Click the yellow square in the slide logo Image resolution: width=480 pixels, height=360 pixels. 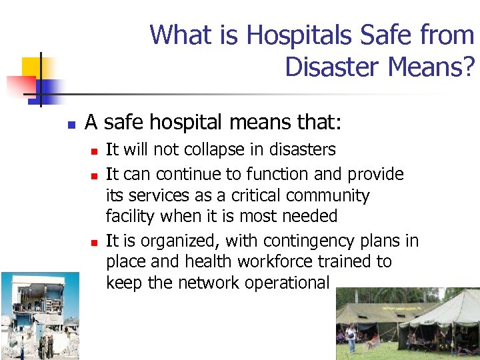point(33,67)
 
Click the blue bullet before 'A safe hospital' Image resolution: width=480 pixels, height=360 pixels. point(69,124)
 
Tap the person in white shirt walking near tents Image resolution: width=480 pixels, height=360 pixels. point(351,337)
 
